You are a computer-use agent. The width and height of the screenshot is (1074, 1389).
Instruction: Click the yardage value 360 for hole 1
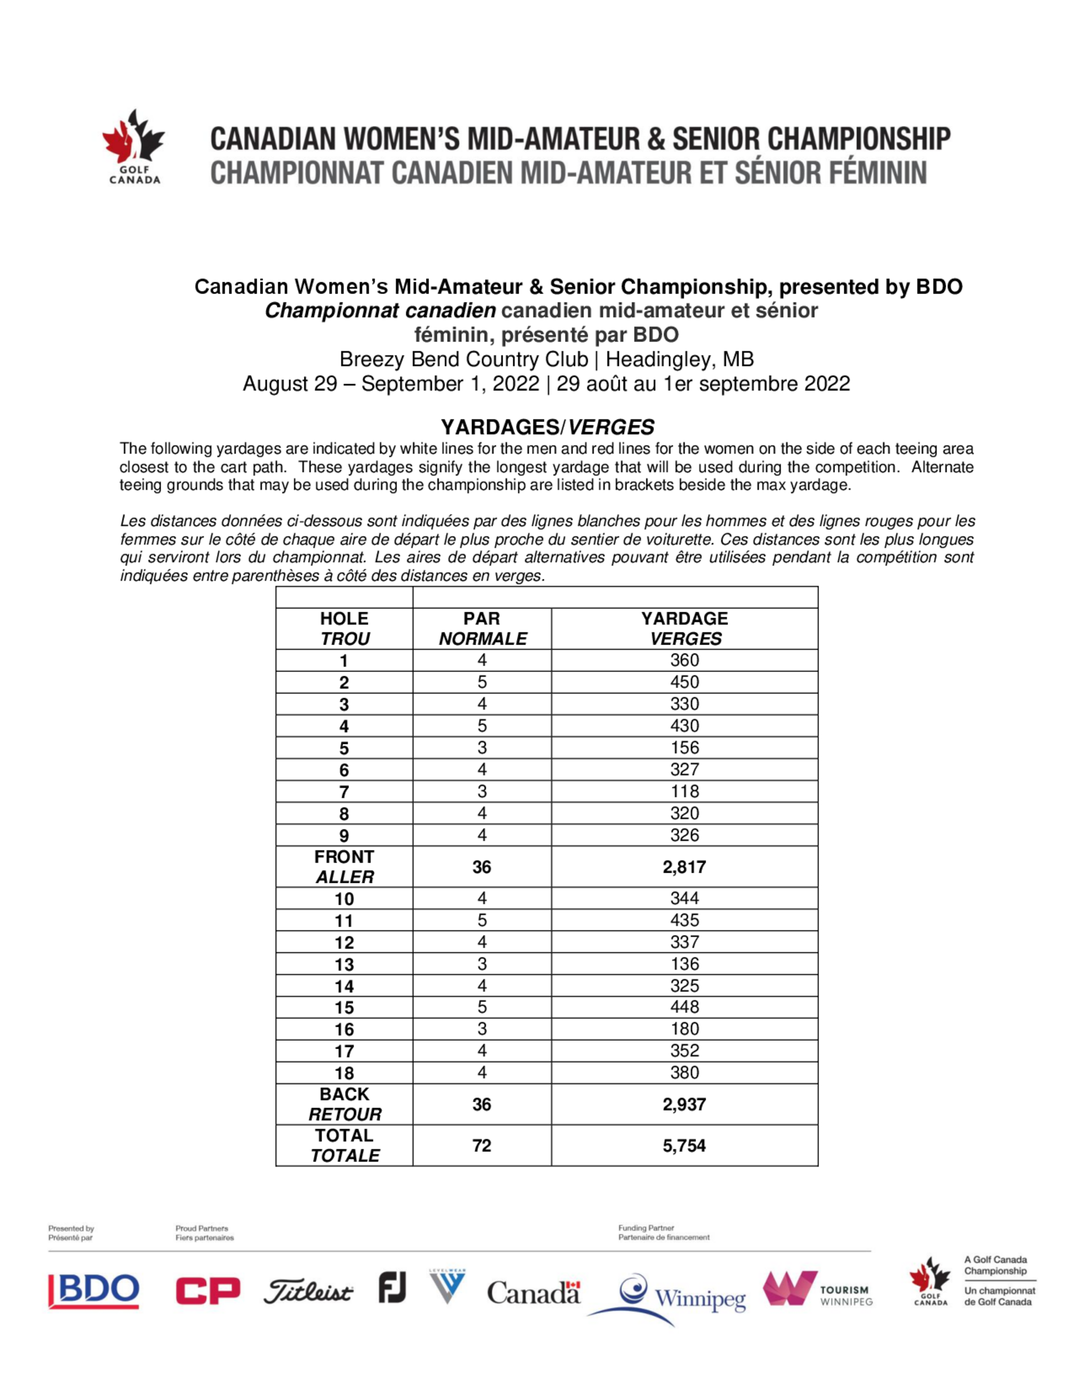(684, 660)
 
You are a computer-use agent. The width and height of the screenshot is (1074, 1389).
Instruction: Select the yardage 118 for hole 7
(684, 791)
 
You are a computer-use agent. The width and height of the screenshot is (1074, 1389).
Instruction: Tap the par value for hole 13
(482, 963)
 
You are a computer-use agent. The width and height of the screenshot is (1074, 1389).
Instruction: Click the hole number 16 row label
(344, 1029)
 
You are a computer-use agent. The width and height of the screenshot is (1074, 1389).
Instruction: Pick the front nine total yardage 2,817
(684, 867)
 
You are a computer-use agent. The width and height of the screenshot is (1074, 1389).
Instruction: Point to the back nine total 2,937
(684, 1104)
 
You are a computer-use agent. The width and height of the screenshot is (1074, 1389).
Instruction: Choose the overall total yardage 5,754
(684, 1145)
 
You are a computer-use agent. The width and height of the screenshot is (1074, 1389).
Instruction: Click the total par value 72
(482, 1145)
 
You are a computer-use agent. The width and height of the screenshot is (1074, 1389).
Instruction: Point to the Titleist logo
(308, 1292)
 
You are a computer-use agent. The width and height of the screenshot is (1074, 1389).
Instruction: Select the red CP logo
(208, 1290)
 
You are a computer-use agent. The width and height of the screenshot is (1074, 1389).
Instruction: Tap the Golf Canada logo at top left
(134, 147)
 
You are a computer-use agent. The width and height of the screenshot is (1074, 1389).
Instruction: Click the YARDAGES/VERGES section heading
(547, 427)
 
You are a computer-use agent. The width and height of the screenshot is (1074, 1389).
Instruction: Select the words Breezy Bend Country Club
(463, 360)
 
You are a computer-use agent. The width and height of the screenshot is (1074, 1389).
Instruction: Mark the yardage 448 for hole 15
(684, 1007)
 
